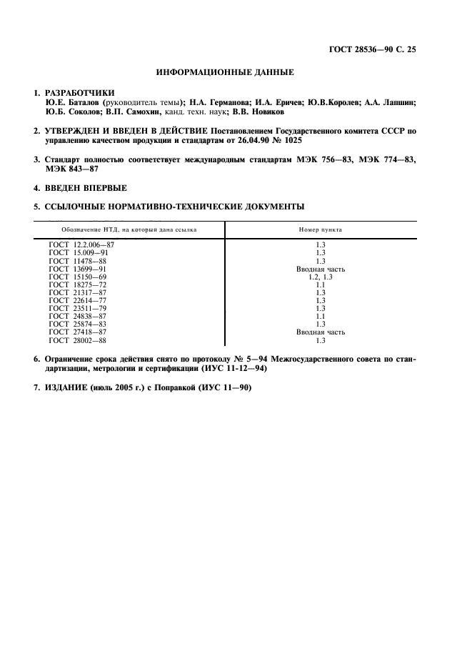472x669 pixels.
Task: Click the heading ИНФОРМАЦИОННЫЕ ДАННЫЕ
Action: [225, 72]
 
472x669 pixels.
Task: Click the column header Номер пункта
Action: [321, 230]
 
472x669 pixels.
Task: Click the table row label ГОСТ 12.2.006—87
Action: [81, 245]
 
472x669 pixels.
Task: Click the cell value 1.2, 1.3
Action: [321, 277]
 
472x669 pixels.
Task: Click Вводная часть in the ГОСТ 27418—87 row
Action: [321, 332]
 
